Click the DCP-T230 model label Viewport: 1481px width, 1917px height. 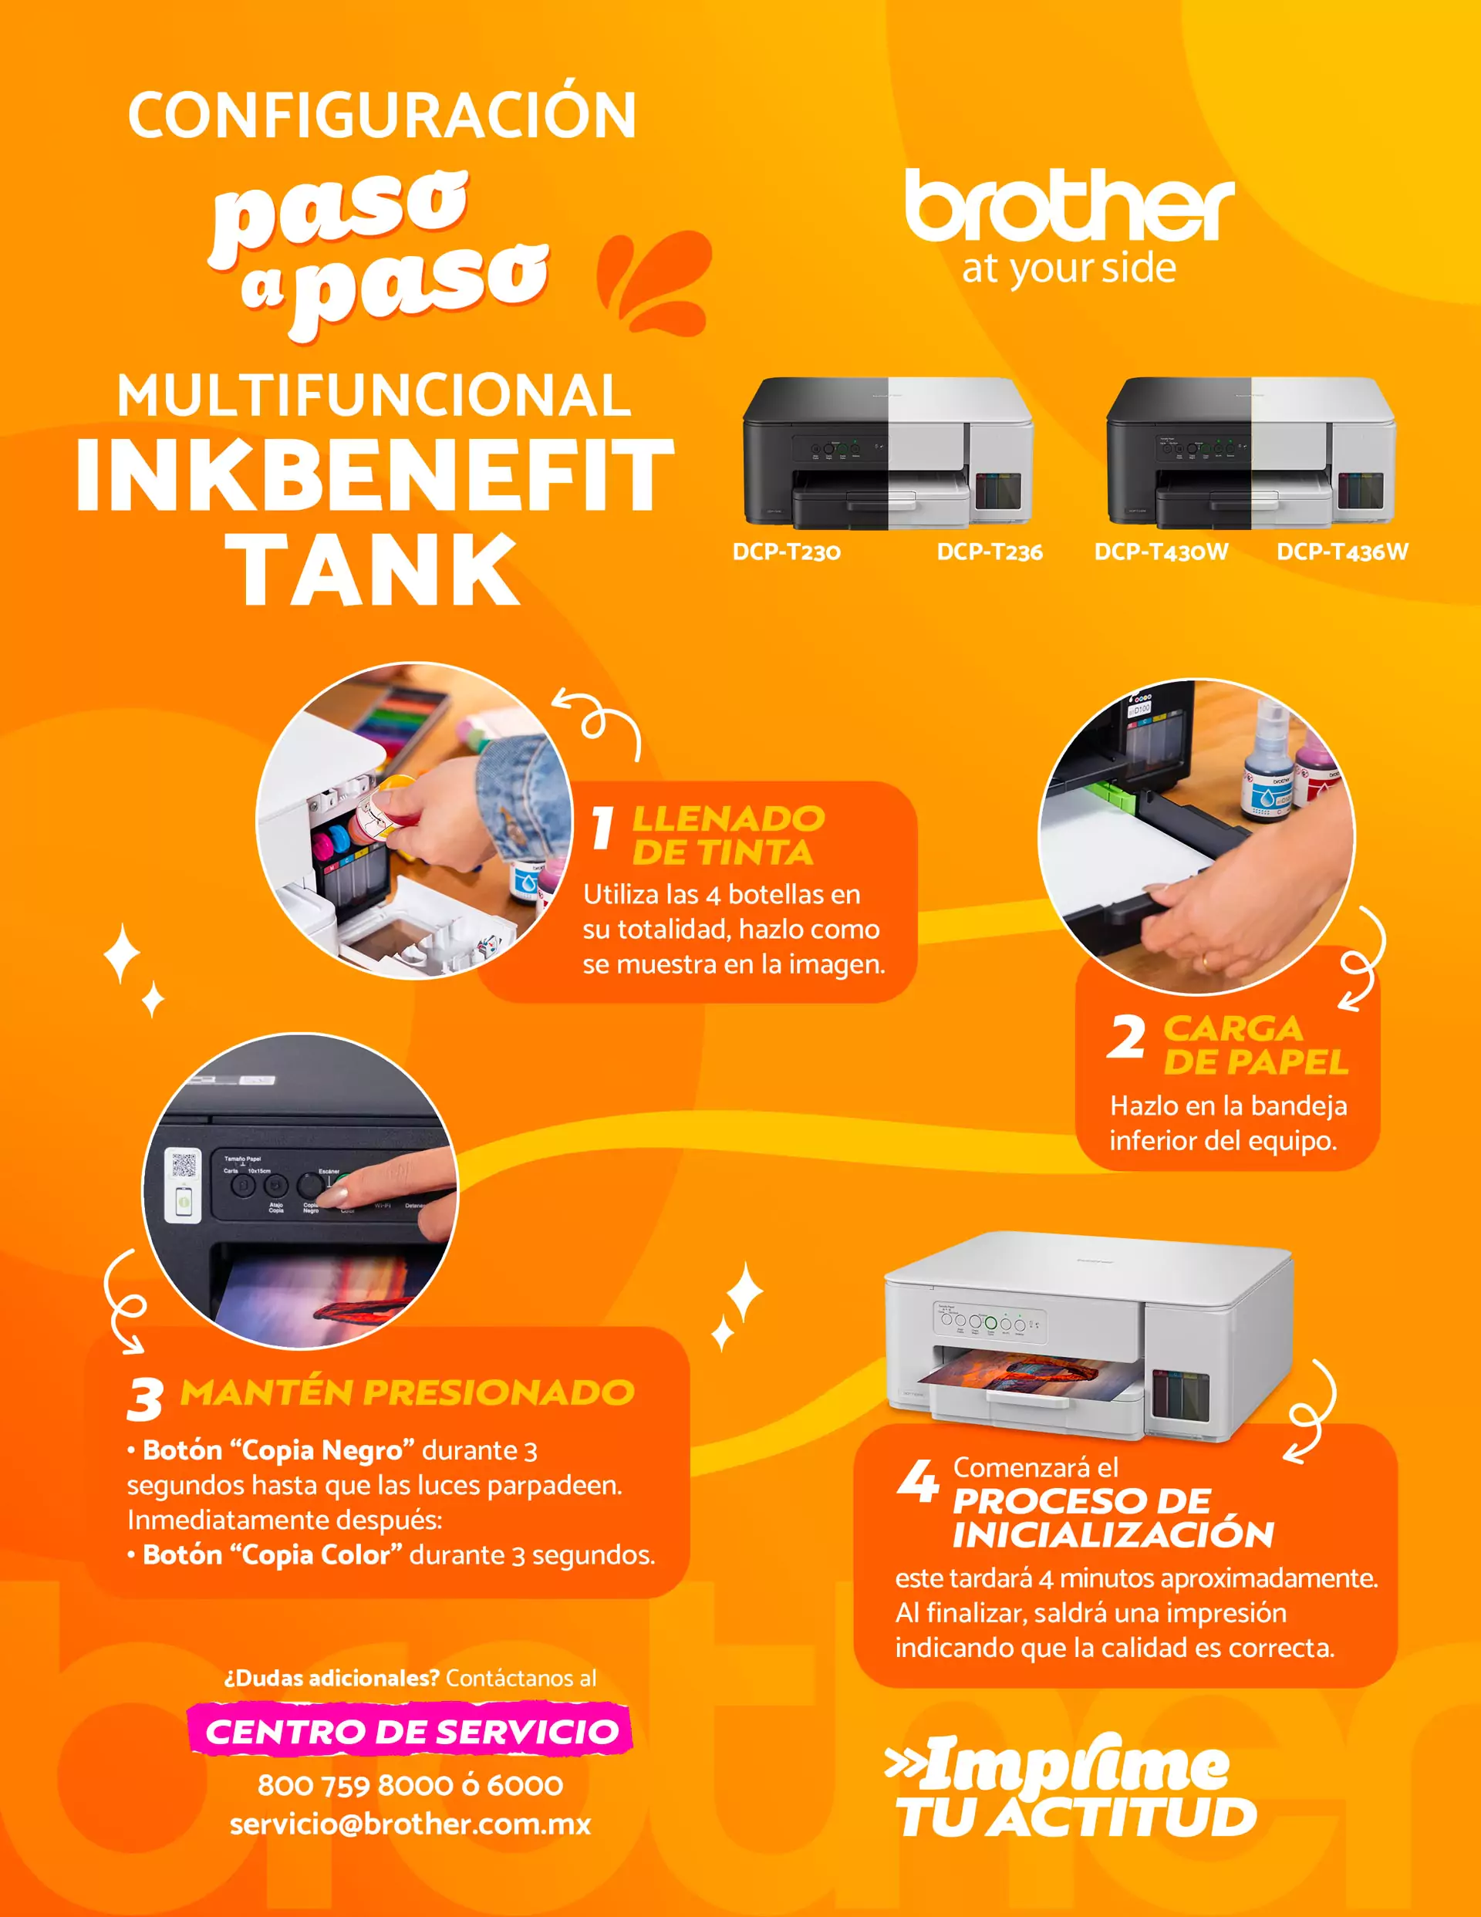(787, 552)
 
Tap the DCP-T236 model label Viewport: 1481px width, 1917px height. (990, 552)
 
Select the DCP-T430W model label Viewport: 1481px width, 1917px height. (1161, 552)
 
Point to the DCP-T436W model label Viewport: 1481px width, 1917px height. (1342, 552)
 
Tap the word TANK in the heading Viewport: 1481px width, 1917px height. (373, 571)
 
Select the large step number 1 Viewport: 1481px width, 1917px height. (602, 829)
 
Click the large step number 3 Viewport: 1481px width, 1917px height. (145, 1399)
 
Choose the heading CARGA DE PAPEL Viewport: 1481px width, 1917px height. (1256, 1045)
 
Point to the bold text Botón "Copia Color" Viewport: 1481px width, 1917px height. (272, 1554)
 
